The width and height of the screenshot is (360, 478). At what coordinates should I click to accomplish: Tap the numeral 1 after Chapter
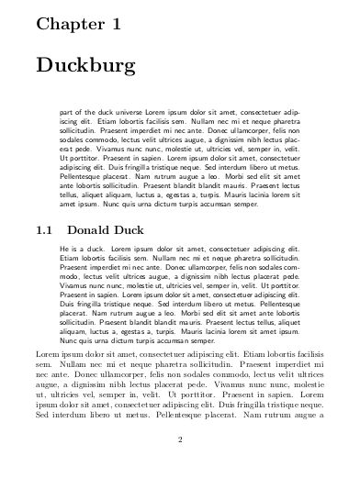click(x=115, y=26)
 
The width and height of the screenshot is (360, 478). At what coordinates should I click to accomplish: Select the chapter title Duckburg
click(x=85, y=67)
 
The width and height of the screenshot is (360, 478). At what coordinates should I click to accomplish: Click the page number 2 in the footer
click(x=180, y=439)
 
